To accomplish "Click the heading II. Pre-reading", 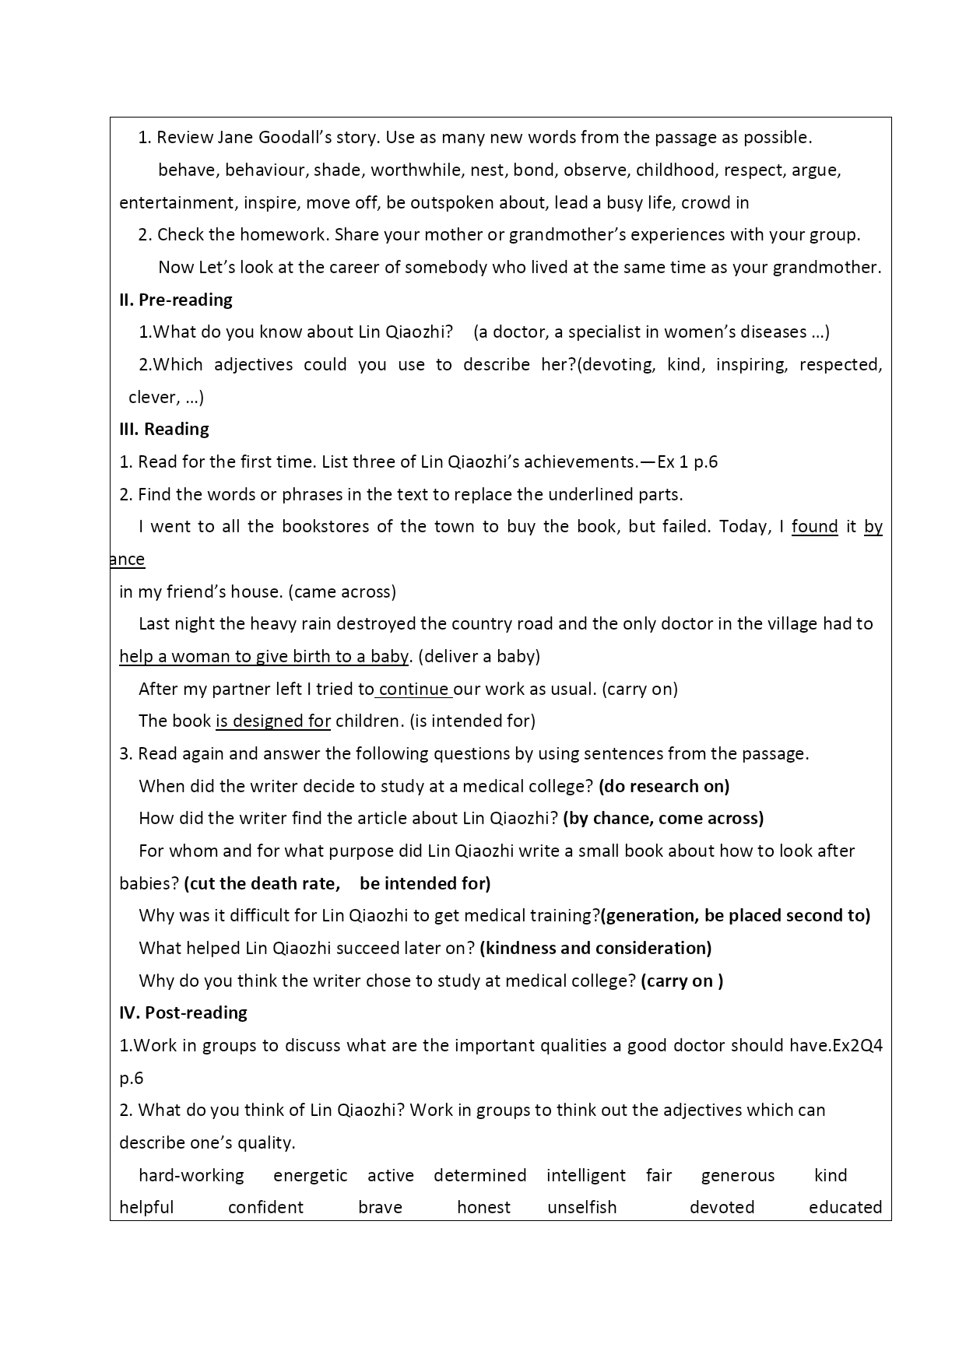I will [176, 300].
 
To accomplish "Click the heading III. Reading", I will [164, 429].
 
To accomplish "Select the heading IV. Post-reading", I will [183, 1012].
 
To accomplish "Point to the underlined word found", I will [814, 526].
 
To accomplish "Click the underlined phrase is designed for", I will [273, 721].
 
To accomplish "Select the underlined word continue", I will [413, 689].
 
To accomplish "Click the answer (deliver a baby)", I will [479, 656].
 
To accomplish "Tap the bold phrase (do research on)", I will [664, 786].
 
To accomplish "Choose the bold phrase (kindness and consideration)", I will [595, 948].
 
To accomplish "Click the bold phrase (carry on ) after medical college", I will [682, 981].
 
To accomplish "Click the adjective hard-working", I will [191, 1175].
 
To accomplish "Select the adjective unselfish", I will [581, 1207].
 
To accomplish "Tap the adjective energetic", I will [311, 1175].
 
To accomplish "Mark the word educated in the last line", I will [845, 1207].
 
